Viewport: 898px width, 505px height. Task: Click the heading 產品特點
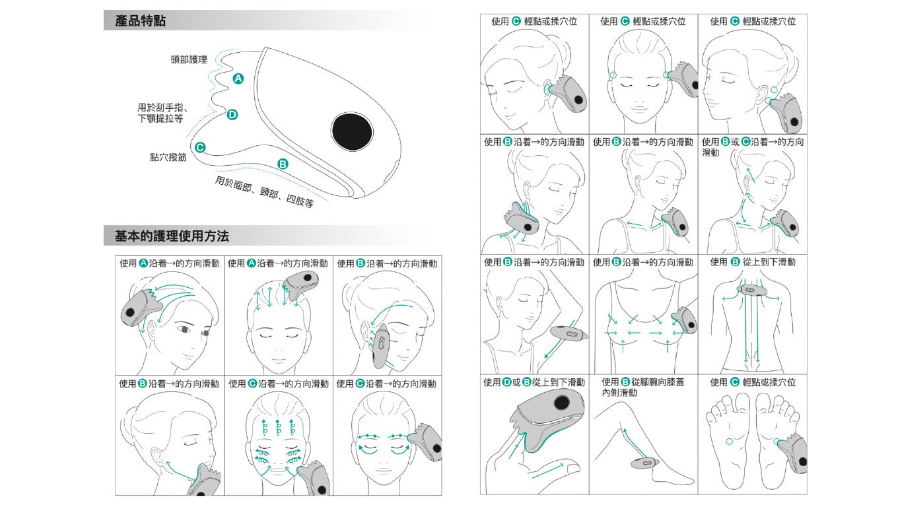(x=140, y=21)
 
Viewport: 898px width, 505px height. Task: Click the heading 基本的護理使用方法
(x=172, y=236)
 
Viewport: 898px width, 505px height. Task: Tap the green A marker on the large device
(x=238, y=79)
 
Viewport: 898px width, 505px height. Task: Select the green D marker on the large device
(x=232, y=115)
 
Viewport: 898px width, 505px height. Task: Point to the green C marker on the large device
(x=200, y=147)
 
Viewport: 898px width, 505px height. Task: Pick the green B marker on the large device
(x=283, y=164)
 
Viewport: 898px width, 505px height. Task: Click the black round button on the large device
(x=352, y=132)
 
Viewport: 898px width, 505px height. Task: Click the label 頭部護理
(x=189, y=59)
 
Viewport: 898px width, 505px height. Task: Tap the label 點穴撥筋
(x=168, y=157)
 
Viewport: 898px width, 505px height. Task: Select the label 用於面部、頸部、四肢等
(x=264, y=192)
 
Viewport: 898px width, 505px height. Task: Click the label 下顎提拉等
(x=160, y=119)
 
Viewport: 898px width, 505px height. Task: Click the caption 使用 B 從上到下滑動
(x=753, y=262)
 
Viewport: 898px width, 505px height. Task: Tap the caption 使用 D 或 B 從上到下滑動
(x=534, y=382)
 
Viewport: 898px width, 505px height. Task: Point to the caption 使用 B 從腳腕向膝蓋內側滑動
(x=643, y=387)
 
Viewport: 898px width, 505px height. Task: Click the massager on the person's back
(x=751, y=290)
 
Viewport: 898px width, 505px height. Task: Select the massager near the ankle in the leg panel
(x=644, y=463)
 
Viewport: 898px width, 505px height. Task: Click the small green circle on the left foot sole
(x=729, y=442)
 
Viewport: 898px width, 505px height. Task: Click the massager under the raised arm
(x=569, y=333)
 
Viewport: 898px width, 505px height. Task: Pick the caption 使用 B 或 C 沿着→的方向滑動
(x=753, y=147)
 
